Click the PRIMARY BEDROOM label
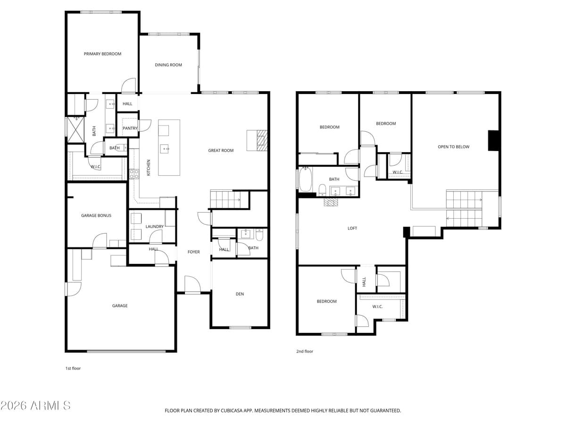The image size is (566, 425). (102, 54)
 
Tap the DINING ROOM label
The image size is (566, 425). (168, 65)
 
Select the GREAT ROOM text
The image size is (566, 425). (221, 151)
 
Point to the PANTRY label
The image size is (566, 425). (130, 128)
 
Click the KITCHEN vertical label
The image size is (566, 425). (149, 168)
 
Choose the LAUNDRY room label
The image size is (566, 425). (154, 227)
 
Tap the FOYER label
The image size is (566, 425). (194, 252)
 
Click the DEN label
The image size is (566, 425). (240, 294)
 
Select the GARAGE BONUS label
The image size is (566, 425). (96, 216)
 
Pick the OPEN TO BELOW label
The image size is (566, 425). (453, 147)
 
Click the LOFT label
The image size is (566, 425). (352, 229)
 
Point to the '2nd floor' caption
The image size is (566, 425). (304, 351)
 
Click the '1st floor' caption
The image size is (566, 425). (73, 368)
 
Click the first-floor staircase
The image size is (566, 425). (229, 200)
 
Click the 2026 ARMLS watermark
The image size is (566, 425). (36, 406)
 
